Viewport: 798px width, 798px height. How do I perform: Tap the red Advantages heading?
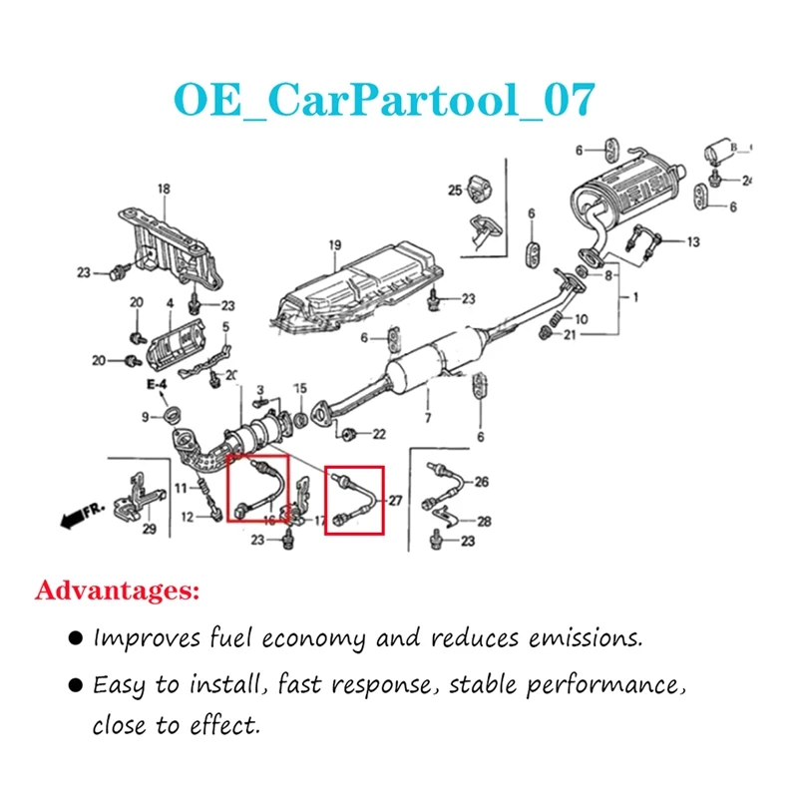tap(117, 592)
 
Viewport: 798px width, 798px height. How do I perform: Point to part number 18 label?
tap(164, 189)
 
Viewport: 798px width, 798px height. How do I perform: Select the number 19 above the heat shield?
tap(335, 245)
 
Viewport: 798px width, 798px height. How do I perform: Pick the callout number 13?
tap(692, 241)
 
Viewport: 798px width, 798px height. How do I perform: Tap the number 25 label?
tap(454, 190)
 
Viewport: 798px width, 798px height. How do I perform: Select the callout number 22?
tap(378, 434)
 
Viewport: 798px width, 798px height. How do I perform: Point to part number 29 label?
tap(149, 530)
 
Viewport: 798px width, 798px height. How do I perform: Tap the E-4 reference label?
tap(156, 383)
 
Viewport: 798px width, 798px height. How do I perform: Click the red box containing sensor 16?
tap(258, 489)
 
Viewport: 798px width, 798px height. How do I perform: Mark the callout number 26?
tap(482, 483)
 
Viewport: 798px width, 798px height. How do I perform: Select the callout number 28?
tap(484, 521)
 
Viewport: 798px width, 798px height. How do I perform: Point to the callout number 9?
tap(145, 415)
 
